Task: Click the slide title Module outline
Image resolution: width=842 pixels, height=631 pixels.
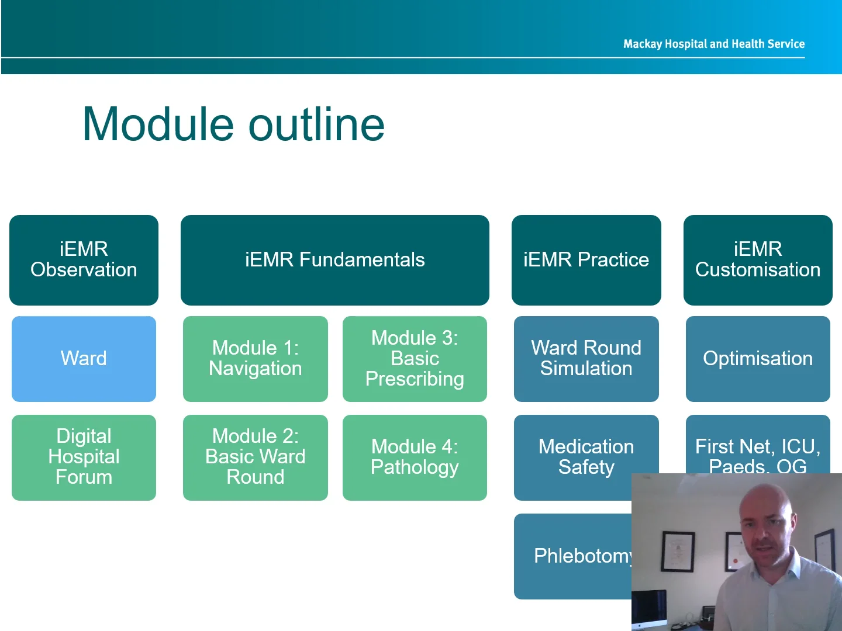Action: (233, 124)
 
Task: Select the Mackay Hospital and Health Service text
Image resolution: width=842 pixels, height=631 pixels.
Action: (713, 44)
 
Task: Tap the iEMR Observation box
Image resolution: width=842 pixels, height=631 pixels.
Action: (84, 260)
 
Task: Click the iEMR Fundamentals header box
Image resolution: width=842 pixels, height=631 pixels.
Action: (334, 260)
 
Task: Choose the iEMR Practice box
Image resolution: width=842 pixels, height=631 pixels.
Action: (586, 260)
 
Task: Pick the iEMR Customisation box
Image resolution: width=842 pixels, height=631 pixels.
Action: (757, 260)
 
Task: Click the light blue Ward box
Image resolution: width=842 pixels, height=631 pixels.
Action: (84, 359)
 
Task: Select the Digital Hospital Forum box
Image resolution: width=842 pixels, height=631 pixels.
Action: (84, 457)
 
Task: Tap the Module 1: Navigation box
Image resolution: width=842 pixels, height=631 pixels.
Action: (255, 359)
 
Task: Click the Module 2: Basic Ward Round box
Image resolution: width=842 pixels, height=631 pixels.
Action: (255, 457)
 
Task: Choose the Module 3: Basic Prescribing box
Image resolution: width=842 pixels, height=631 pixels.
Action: (415, 359)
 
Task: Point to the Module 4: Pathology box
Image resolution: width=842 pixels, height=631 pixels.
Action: (415, 457)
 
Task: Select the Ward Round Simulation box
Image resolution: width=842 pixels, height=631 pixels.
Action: (586, 359)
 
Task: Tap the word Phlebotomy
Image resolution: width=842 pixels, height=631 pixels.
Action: (582, 556)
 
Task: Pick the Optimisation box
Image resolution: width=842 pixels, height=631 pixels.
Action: (757, 359)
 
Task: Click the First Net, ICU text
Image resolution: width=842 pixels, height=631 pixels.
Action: (757, 447)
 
